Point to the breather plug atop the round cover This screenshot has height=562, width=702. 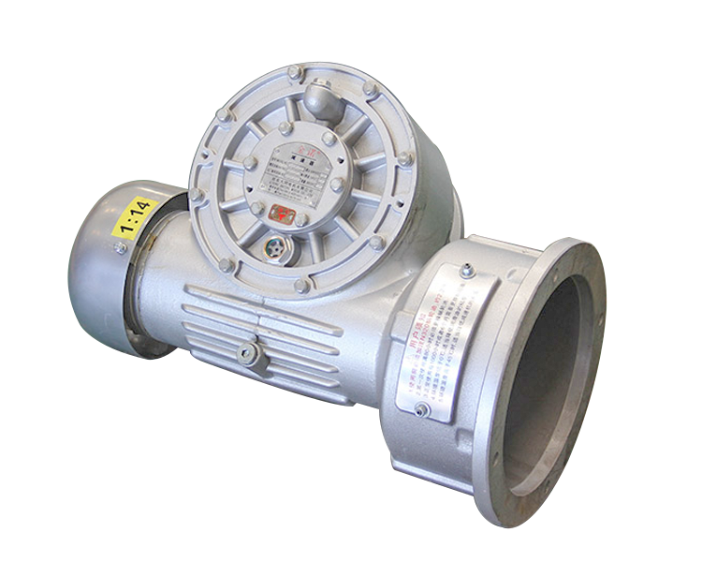(317, 98)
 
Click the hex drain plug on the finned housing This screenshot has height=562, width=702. (248, 353)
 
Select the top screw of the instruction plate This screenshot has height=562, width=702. (466, 272)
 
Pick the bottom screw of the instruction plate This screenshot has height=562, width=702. (423, 409)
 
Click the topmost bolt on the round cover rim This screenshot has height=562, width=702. (294, 72)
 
